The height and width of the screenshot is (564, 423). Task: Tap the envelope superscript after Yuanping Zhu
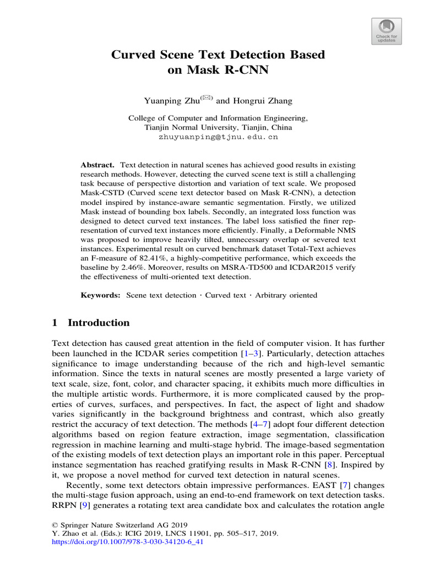tap(207, 98)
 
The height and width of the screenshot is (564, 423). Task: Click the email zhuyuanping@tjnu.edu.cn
tap(211, 137)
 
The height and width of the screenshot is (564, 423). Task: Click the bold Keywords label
tap(101, 295)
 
